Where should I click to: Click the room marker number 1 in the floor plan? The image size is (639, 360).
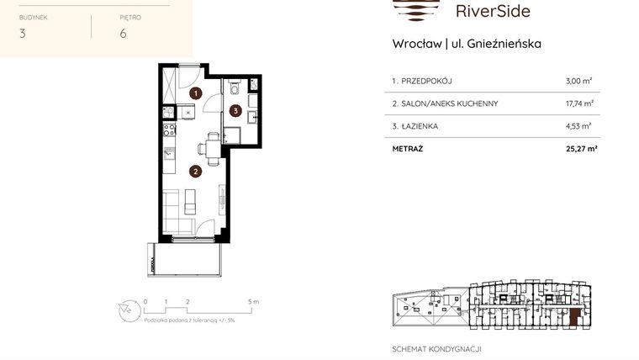tap(195, 93)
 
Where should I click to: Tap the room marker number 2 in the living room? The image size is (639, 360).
tap(195, 172)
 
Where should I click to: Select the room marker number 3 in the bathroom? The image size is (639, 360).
tap(237, 109)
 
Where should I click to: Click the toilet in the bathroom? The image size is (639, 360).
tap(234, 86)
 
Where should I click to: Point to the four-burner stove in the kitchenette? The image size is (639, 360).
tap(168, 130)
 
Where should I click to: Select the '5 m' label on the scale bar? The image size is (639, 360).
tap(253, 300)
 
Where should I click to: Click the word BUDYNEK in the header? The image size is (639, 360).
tap(34, 16)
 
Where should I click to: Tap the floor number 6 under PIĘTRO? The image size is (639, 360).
tap(123, 34)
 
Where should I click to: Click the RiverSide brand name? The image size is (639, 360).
tap(492, 11)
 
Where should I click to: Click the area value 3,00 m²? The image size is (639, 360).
tap(579, 81)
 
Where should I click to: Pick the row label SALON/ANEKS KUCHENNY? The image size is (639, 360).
tap(445, 103)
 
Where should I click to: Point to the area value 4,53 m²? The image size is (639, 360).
tap(579, 126)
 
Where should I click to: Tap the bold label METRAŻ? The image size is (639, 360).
tap(408, 149)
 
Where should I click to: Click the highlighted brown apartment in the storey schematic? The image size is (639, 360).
tap(574, 317)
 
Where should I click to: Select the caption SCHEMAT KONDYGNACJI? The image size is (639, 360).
tap(437, 348)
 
